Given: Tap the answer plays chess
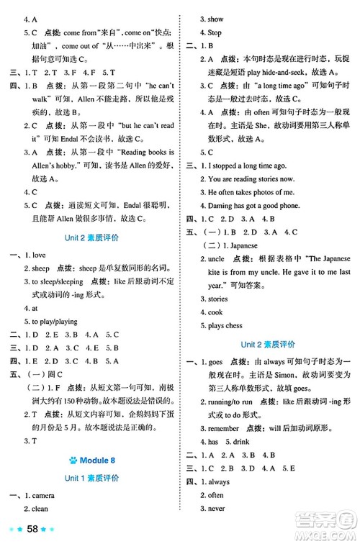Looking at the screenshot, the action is tap(228, 326).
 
